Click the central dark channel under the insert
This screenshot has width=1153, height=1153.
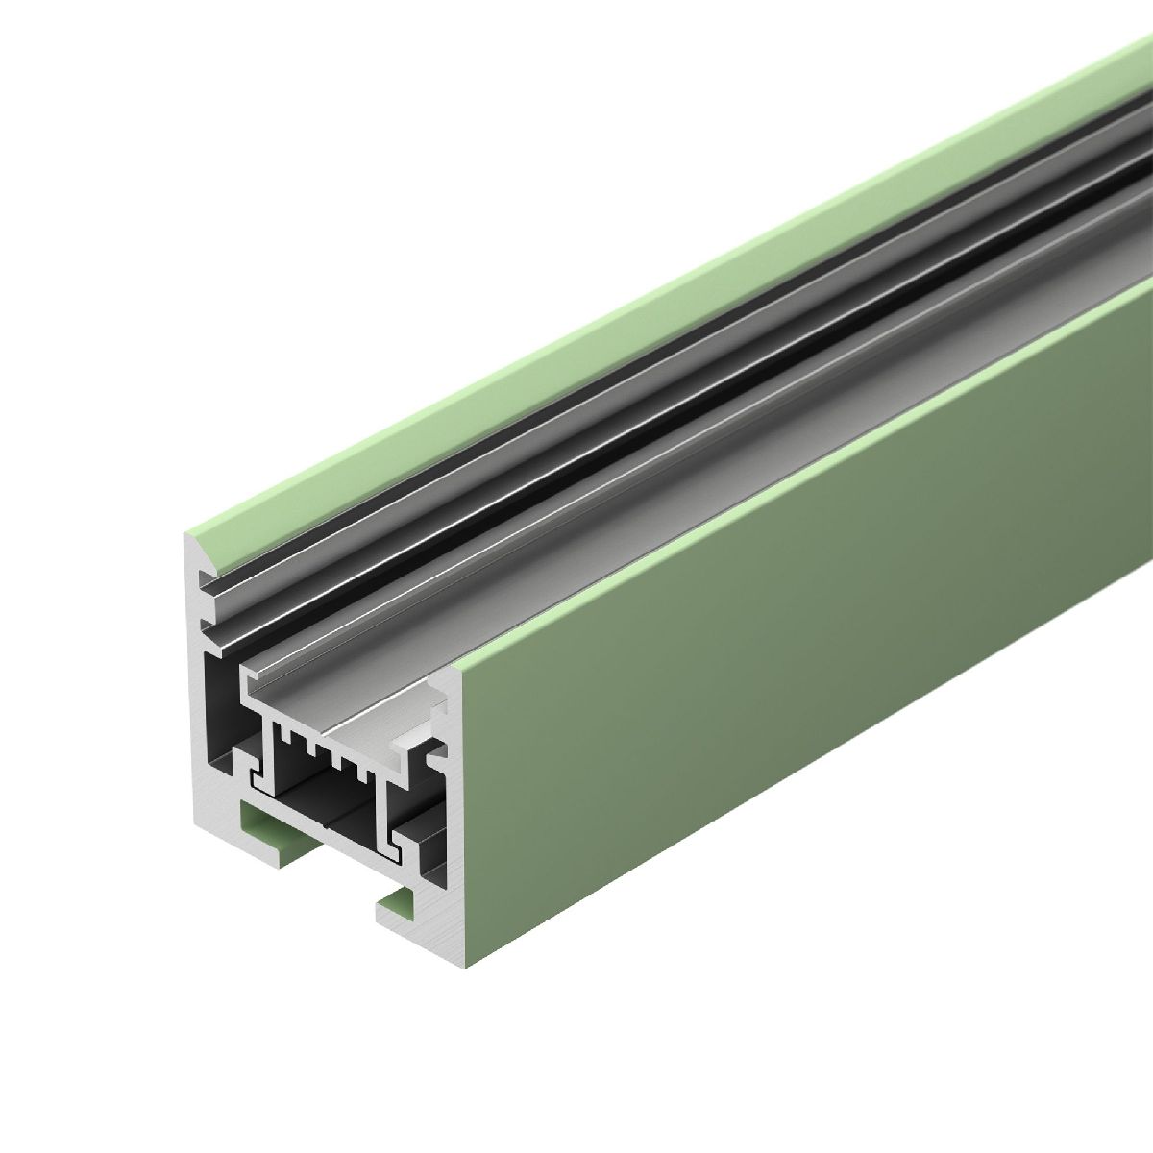pyautogui.click(x=327, y=807)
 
